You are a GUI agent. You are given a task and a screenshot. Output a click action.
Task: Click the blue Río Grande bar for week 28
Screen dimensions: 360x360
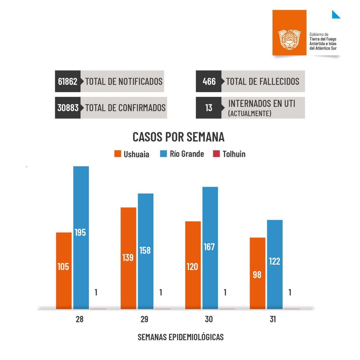point(81,238)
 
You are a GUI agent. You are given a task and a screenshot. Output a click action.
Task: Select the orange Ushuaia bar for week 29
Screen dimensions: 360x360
point(128,258)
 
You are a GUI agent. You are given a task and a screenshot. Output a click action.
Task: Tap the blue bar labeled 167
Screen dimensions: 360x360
point(210,247)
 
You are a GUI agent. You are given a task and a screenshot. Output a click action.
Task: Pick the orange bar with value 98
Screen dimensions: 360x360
point(257,273)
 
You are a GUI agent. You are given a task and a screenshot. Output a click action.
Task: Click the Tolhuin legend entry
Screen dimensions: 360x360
point(229,154)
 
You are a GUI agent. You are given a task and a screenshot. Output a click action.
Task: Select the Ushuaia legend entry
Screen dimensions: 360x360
point(132,154)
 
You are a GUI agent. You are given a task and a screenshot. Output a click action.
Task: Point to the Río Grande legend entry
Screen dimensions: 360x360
point(182,154)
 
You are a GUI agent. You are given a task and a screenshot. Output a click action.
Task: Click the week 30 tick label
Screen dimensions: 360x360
point(209,319)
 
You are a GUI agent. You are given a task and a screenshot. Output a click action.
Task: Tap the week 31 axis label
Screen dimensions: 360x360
point(273,319)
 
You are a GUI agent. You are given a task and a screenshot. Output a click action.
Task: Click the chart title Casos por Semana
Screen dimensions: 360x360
point(178,137)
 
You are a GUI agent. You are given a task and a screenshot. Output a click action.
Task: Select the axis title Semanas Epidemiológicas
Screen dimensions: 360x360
point(181,337)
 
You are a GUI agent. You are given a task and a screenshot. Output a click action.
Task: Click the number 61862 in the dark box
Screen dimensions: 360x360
point(67,81)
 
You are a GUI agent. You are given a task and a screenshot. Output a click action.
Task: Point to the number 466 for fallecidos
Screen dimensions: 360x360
point(209,81)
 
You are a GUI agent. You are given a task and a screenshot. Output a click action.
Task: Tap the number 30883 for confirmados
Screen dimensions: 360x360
point(68,108)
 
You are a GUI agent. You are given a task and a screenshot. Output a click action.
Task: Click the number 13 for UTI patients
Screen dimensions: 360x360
point(209,108)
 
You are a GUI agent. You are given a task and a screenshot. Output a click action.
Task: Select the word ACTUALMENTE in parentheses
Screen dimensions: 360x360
point(250,113)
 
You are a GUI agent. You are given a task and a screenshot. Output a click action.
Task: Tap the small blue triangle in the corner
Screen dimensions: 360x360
point(335,15)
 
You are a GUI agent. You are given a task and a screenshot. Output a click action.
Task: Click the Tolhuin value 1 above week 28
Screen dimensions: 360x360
point(96,292)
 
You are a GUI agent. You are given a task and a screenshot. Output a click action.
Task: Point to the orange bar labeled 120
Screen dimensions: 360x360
point(193,265)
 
